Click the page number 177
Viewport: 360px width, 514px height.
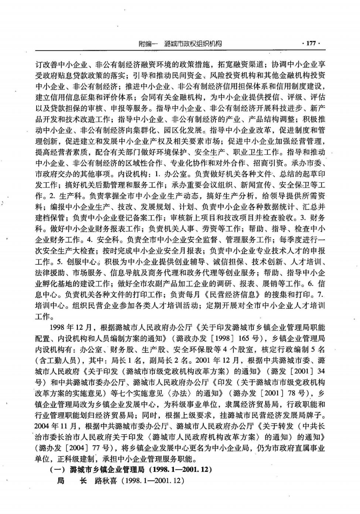coord(311,44)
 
